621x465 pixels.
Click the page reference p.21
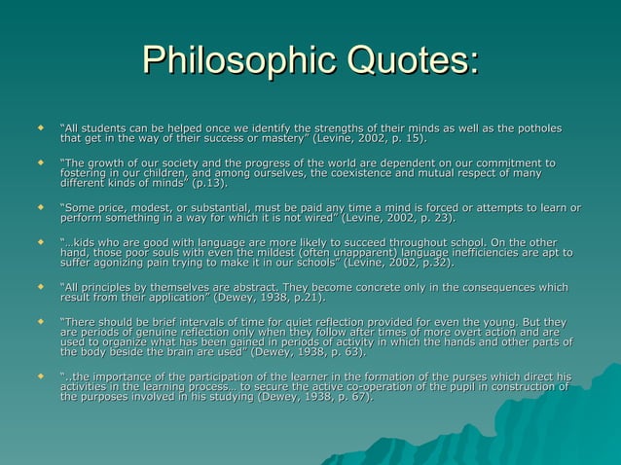303,297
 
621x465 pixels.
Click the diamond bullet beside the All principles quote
40,286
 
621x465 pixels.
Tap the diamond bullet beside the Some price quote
40,206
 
